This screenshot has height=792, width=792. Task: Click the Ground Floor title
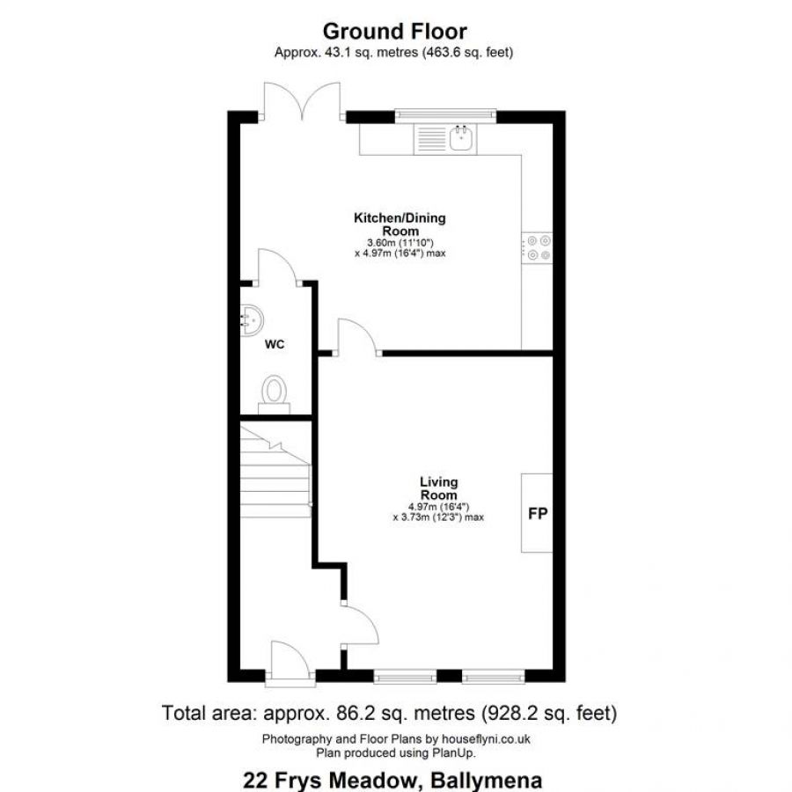tap(394, 32)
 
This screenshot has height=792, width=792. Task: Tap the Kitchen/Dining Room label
tap(400, 224)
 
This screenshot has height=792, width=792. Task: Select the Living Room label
tap(438, 488)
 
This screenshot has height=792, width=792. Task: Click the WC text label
tap(275, 344)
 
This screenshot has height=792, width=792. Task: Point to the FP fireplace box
tap(537, 513)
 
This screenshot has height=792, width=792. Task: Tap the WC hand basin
tap(251, 319)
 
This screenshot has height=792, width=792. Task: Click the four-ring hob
tap(538, 248)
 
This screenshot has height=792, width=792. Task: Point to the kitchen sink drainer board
tap(430, 139)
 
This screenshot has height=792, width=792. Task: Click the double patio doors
tap(302, 101)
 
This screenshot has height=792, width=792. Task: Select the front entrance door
tap(290, 663)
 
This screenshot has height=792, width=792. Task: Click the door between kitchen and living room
tap(357, 337)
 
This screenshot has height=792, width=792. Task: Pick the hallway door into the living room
tap(361, 626)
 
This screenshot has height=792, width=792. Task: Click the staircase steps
tap(275, 472)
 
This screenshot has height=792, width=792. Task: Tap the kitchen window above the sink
tap(445, 115)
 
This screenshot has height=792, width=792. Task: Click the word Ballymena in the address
tap(486, 781)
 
